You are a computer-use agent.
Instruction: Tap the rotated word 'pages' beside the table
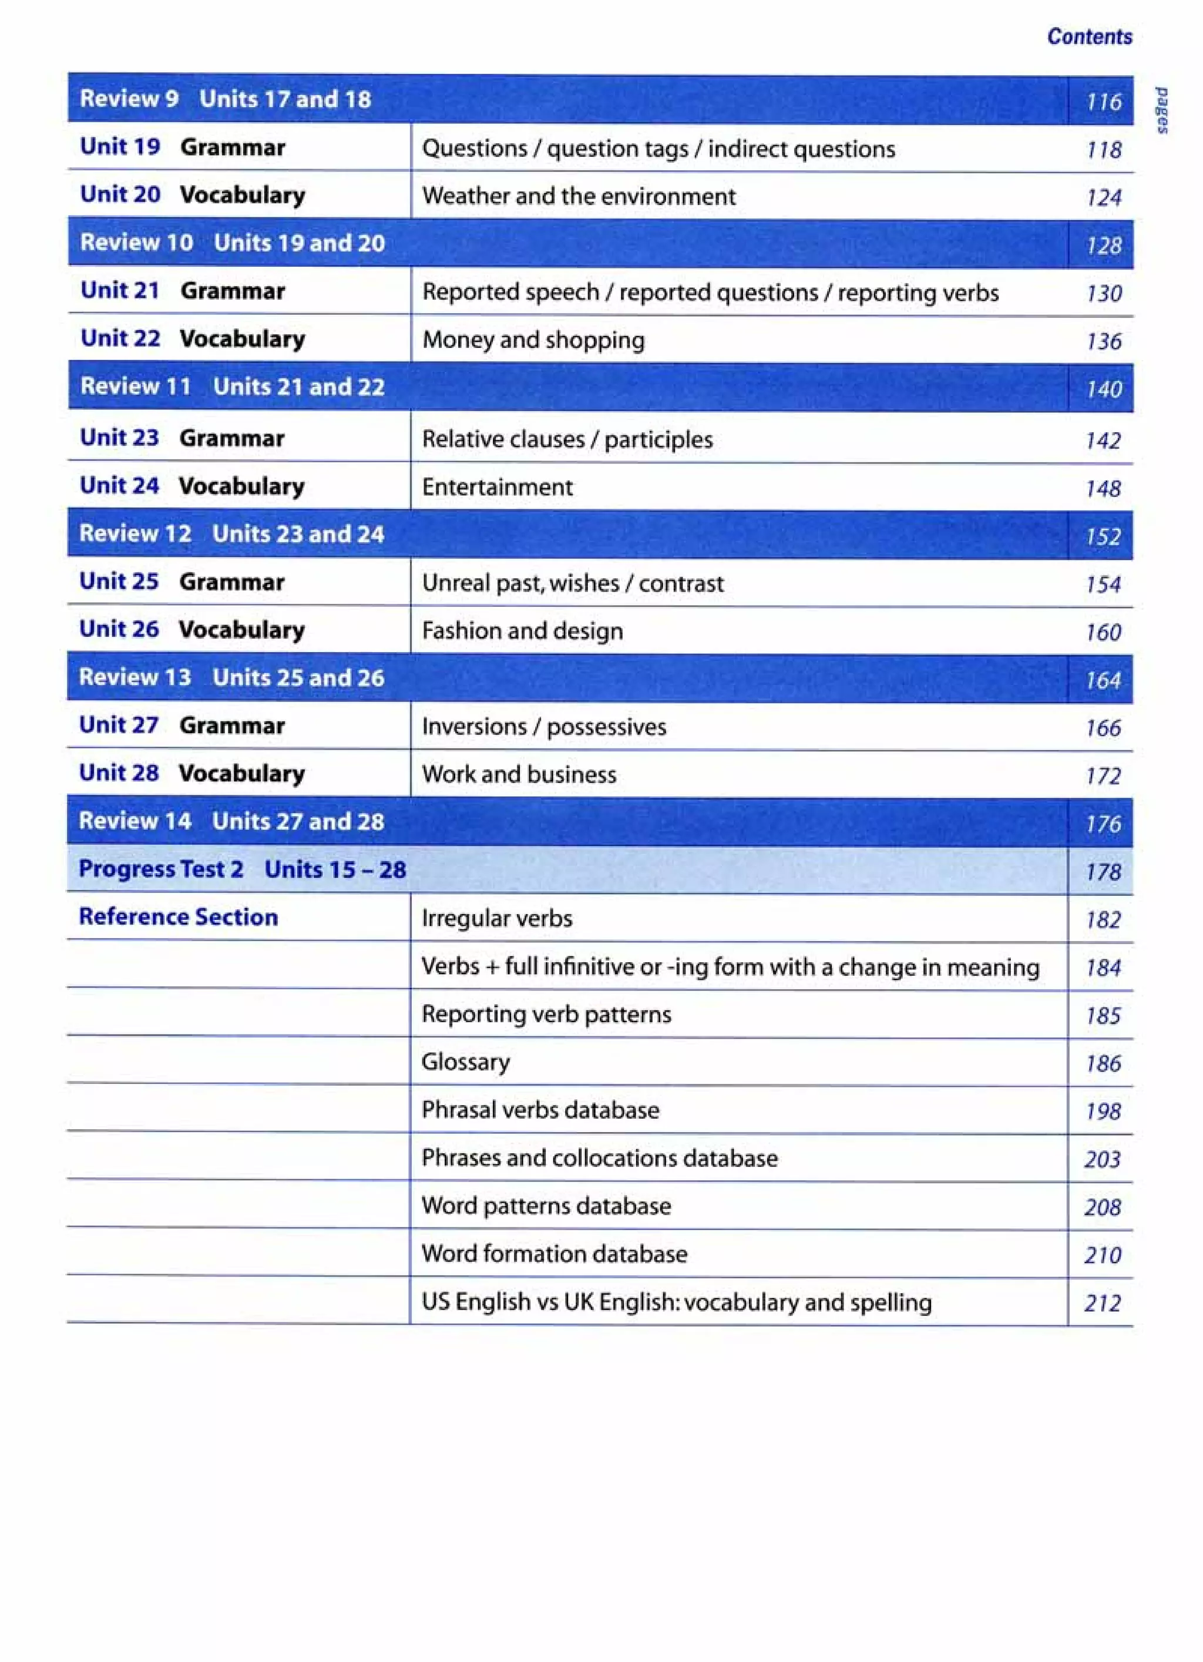[1161, 110]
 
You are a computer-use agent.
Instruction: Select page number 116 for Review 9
[1103, 101]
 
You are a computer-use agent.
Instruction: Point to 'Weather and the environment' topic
[578, 196]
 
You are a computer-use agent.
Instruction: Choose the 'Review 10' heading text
[136, 243]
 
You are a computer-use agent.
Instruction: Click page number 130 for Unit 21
[1103, 293]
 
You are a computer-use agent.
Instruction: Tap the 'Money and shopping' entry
[533, 340]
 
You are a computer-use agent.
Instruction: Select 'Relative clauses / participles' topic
[566, 439]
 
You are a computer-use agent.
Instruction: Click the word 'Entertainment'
[497, 487]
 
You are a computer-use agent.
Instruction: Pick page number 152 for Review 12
[1103, 536]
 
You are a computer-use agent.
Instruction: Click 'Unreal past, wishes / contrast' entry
[572, 583]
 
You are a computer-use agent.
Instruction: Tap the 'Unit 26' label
[119, 629]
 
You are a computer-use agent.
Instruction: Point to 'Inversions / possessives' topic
[543, 727]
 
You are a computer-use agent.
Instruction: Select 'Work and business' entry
[519, 774]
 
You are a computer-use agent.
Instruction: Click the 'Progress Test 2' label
[160, 869]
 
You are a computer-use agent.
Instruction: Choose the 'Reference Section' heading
[178, 916]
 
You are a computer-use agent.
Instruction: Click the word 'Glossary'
[465, 1062]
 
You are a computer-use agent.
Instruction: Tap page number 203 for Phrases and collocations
[1102, 1159]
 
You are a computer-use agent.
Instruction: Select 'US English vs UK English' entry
[676, 1302]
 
